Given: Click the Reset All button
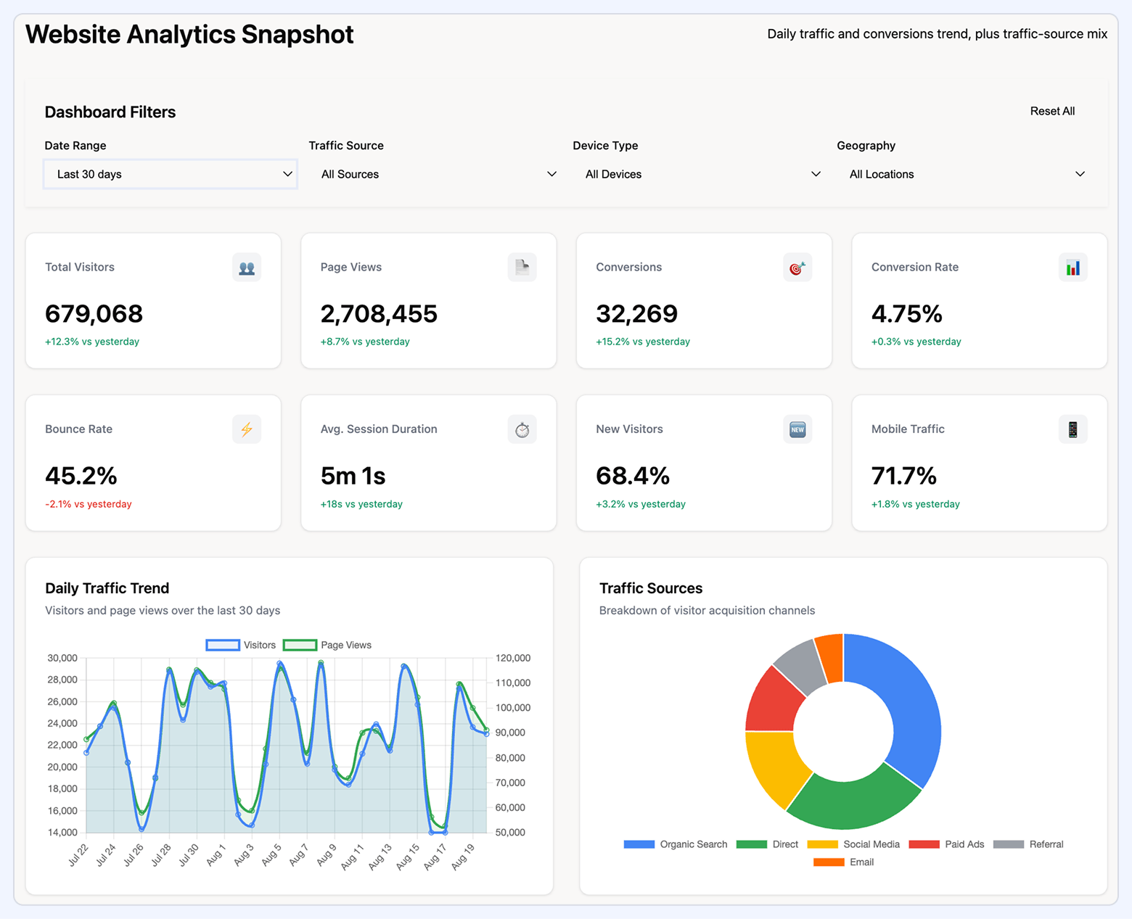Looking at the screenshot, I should tap(1052, 111).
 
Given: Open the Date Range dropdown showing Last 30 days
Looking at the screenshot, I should tap(170, 174).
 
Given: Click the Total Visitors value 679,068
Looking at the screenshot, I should tap(94, 314).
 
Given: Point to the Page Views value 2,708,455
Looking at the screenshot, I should tap(379, 314).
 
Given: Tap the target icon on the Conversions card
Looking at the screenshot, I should tap(797, 268).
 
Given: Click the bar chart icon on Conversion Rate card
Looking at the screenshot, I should tap(1072, 268).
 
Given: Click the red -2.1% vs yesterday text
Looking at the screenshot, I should tap(89, 504).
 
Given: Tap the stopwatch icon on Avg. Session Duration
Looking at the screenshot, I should tap(522, 430).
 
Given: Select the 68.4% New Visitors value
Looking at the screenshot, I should tap(633, 476).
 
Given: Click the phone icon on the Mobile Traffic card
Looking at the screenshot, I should tap(1072, 429).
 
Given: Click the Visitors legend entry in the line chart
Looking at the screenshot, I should tap(242, 645).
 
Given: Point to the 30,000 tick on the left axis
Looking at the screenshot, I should tap(62, 658).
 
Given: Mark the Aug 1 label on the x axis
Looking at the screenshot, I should tap(216, 854).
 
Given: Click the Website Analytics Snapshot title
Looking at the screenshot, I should tap(189, 34).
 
